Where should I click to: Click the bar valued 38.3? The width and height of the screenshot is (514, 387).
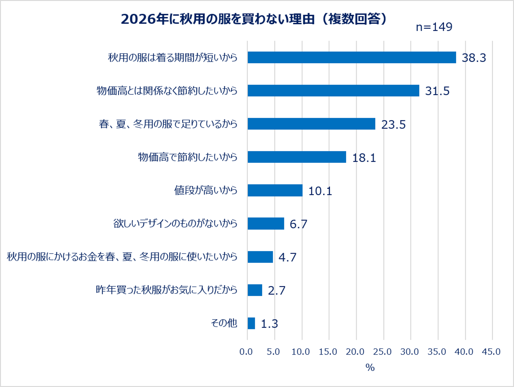pyautogui.click(x=352, y=57)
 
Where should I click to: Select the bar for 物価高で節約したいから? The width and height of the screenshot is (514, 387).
pyautogui.click(x=297, y=157)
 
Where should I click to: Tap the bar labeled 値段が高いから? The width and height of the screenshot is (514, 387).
pyautogui.click(x=275, y=190)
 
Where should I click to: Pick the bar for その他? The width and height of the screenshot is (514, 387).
pyautogui.click(x=251, y=323)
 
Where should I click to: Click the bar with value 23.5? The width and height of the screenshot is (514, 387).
pyautogui.click(x=312, y=124)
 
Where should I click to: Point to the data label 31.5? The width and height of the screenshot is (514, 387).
pyautogui.click(x=437, y=91)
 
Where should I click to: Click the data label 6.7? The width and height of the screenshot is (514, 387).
pyautogui.click(x=298, y=224)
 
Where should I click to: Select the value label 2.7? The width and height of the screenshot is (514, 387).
pyautogui.click(x=277, y=291)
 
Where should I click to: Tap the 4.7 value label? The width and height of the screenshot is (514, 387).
pyautogui.click(x=287, y=257)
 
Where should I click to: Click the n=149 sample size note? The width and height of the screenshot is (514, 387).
pyautogui.click(x=434, y=27)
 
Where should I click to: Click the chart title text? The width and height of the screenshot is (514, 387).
pyautogui.click(x=254, y=19)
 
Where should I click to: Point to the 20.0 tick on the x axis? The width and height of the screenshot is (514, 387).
pyautogui.click(x=355, y=352)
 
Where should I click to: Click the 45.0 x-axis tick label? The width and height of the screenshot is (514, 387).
pyautogui.click(x=491, y=352)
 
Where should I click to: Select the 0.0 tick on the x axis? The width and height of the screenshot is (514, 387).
pyautogui.click(x=246, y=352)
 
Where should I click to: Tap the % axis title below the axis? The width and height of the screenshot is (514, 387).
pyautogui.click(x=370, y=367)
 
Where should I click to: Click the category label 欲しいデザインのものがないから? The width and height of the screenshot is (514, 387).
pyautogui.click(x=175, y=223)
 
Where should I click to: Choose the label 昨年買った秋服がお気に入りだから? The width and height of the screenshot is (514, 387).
pyautogui.click(x=167, y=290)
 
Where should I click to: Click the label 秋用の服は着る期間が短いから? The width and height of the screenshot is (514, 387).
pyautogui.click(x=173, y=58)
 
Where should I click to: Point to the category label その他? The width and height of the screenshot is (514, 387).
pyautogui.click(x=224, y=323)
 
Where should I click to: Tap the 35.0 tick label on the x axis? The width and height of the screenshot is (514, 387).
pyautogui.click(x=437, y=352)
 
